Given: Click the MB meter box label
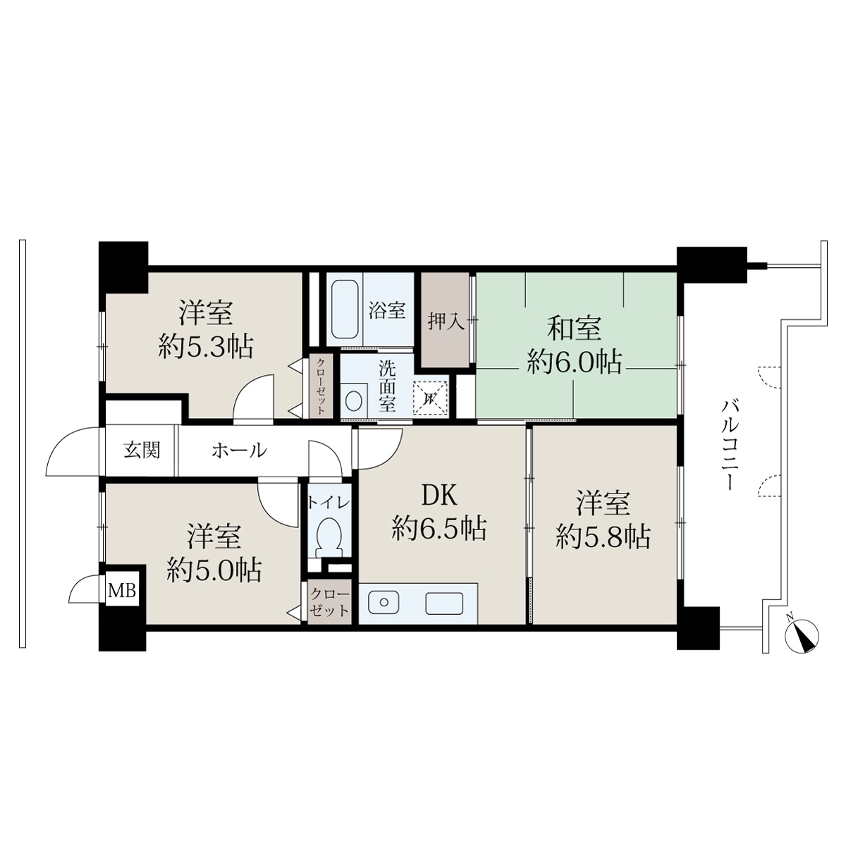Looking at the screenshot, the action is click(x=121, y=591).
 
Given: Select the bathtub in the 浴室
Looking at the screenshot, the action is click(x=345, y=309).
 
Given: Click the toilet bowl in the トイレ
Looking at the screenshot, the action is click(x=329, y=537).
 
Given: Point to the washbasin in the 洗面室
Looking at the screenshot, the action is click(x=355, y=400).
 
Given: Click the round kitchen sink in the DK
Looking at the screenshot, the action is click(x=384, y=602).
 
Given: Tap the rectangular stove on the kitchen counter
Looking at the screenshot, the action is click(x=444, y=603).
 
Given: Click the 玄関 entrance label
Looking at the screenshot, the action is click(x=142, y=450).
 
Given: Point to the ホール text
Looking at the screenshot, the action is click(x=239, y=450).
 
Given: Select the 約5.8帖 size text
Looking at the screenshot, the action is click(x=603, y=537).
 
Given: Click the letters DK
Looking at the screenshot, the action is click(x=439, y=496).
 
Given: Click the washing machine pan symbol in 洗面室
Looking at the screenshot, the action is click(x=430, y=398).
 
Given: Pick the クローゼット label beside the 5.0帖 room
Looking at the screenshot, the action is click(x=330, y=602).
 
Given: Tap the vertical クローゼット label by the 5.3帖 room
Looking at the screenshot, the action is click(x=321, y=386).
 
